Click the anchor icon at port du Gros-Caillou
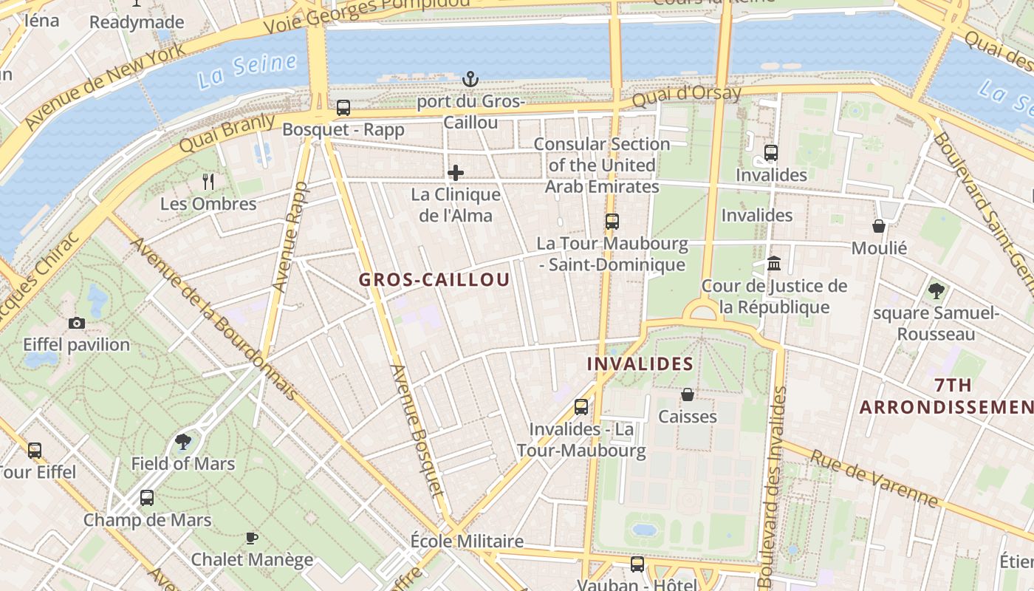(470, 78)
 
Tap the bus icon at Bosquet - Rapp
(343, 108)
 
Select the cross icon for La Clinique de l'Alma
(456, 174)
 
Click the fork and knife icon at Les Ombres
(208, 181)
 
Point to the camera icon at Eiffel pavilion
(76, 323)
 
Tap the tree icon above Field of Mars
(183, 442)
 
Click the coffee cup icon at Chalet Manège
(252, 538)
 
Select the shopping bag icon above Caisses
(688, 394)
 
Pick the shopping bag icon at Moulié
(879, 225)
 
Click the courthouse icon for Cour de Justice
(774, 263)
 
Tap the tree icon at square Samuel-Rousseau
(937, 291)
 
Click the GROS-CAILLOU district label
(434, 280)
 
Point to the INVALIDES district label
(640, 363)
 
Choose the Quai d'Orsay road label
(687, 96)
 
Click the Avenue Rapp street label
(290, 236)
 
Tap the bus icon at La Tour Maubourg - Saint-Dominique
(612, 221)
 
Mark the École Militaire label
(467, 541)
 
